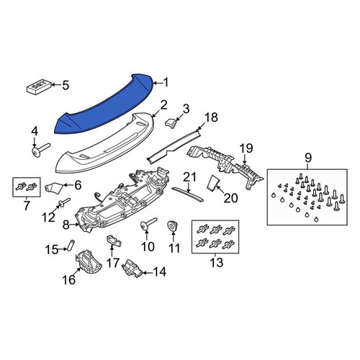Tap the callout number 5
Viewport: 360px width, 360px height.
pyautogui.click(x=66, y=85)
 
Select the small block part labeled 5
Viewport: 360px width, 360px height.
pyautogui.click(x=38, y=86)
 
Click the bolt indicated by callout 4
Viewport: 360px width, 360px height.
pyautogui.click(x=40, y=150)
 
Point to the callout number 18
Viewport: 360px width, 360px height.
pyautogui.click(x=211, y=117)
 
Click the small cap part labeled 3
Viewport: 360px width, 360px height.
pyautogui.click(x=171, y=122)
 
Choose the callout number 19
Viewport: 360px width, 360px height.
pyautogui.click(x=246, y=148)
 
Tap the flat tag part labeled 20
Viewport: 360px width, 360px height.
pyautogui.click(x=213, y=184)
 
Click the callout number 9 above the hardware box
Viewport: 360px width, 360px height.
pyautogui.click(x=308, y=158)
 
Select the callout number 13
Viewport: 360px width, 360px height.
pyautogui.click(x=216, y=262)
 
